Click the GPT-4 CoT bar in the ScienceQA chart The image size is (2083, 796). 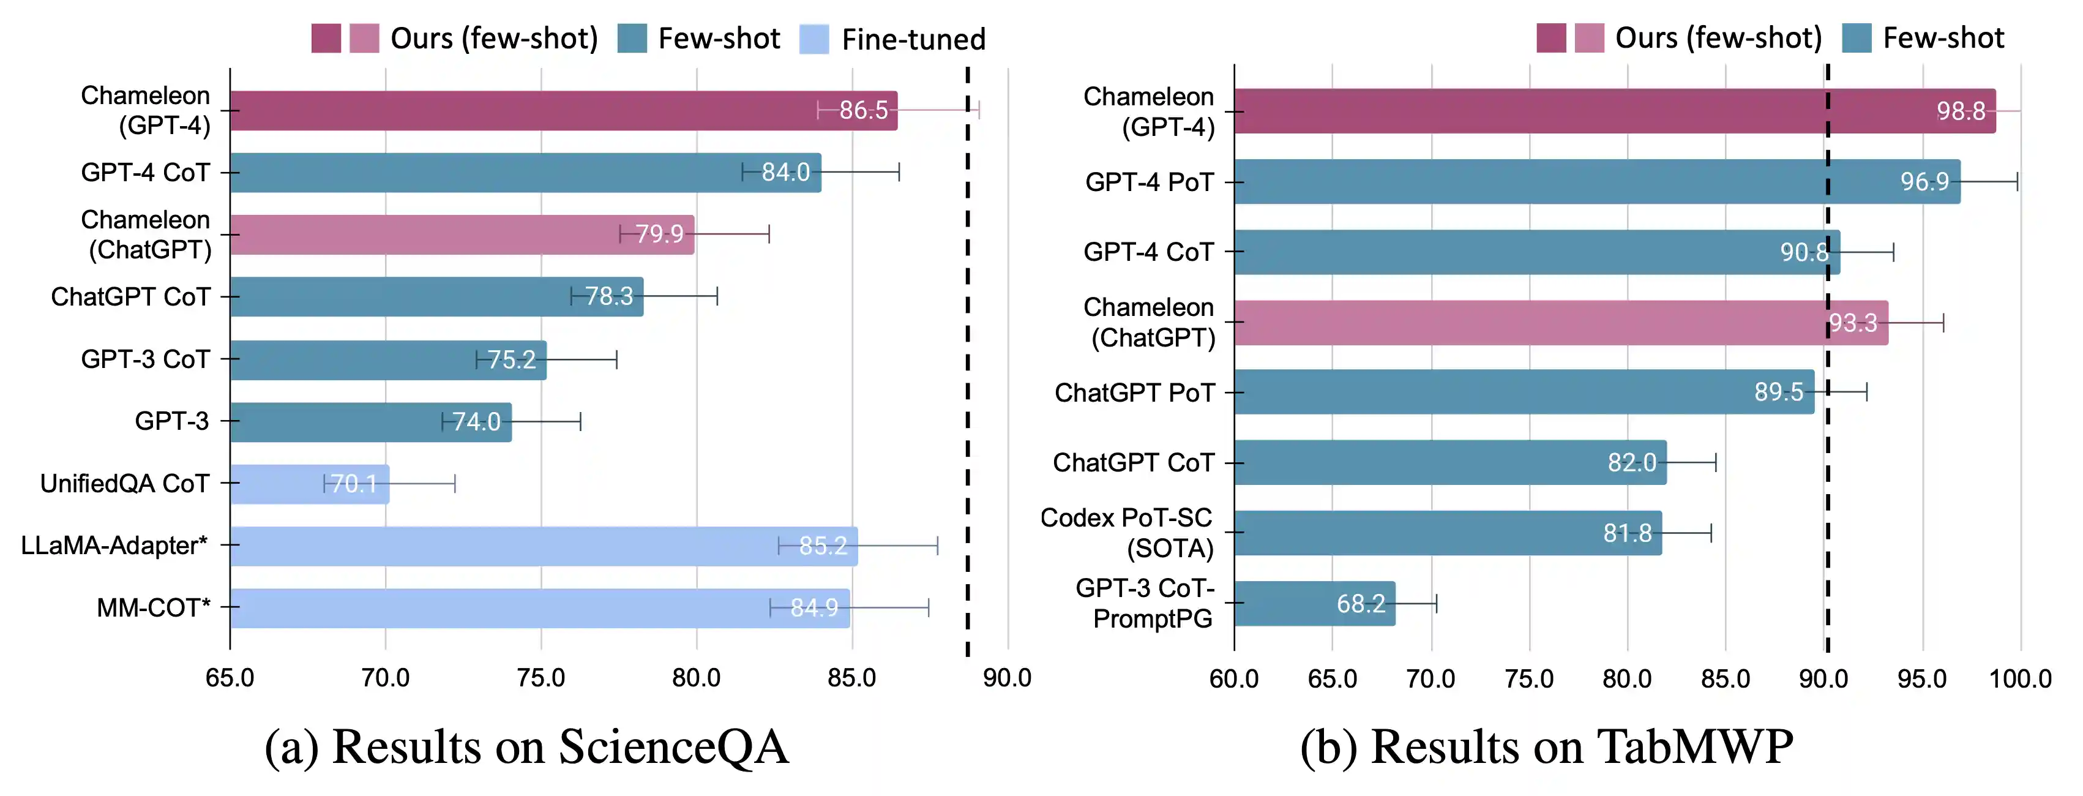coord(526,172)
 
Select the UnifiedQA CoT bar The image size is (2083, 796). coord(310,484)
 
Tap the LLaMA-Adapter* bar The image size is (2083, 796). coord(544,546)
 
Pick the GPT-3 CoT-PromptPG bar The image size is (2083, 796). coord(1315,604)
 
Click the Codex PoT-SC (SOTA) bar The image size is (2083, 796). coord(1448,533)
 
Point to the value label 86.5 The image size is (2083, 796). coord(864,110)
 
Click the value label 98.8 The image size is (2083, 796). coord(1961,111)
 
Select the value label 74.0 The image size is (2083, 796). coord(476,421)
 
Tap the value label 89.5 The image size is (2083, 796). coord(1779,392)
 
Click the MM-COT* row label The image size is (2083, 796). coord(154,607)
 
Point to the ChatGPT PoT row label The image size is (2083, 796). coord(1134,392)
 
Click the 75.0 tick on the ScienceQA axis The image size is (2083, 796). coord(541,677)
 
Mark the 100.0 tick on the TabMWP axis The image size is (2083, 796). coord(2021,678)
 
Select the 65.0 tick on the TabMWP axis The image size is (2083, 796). coord(1333,678)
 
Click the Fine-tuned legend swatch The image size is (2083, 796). coord(814,39)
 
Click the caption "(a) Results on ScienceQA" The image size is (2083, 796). coord(526,746)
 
